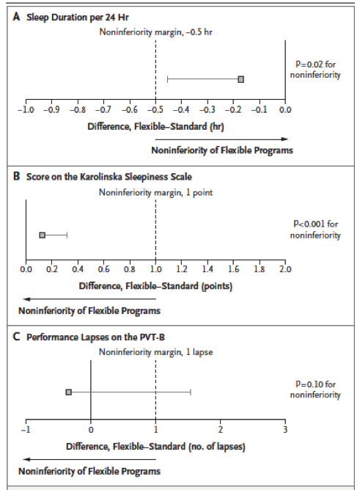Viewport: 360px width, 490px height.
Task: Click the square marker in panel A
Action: [240, 79]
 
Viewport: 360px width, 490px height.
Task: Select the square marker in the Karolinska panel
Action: [42, 235]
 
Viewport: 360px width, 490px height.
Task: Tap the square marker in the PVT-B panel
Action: [69, 392]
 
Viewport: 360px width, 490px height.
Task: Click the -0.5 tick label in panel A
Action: [155, 110]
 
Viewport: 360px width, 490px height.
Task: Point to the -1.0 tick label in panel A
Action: [26, 110]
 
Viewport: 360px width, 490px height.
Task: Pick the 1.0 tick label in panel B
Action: [155, 269]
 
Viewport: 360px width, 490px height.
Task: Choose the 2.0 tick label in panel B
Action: [285, 269]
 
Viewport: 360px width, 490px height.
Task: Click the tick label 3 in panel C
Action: [285, 429]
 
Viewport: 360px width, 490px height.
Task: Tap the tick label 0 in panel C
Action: [90, 430]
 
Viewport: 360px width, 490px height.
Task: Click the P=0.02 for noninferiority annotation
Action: [315, 70]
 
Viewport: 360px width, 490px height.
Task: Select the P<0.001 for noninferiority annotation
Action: [315, 230]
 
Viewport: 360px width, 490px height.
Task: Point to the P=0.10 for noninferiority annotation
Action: [315, 390]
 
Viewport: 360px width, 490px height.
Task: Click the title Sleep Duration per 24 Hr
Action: [78, 17]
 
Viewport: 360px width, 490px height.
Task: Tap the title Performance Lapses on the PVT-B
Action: [95, 337]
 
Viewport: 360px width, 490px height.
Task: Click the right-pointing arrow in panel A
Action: [221, 139]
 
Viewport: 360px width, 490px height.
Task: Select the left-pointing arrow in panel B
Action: [89, 299]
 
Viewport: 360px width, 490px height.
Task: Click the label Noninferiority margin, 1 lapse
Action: [155, 352]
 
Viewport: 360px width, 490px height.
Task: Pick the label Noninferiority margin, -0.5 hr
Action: [155, 32]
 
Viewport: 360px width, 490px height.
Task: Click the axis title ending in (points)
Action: [155, 286]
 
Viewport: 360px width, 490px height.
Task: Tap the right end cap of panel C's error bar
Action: [191, 392]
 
